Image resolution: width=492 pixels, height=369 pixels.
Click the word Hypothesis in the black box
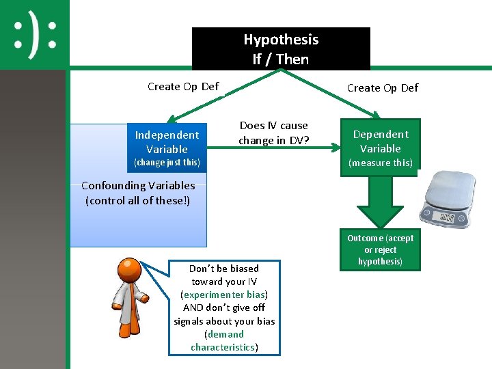(281, 40)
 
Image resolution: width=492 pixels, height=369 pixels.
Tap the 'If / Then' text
(281, 59)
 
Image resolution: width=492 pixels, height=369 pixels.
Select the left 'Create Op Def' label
(183, 86)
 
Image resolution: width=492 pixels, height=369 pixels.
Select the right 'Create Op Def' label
(383, 87)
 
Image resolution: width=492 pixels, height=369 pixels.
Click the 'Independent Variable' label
(167, 142)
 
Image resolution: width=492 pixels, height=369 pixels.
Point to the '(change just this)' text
(167, 163)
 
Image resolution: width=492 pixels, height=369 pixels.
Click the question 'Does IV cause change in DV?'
(273, 133)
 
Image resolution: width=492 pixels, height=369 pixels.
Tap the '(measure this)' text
(381, 163)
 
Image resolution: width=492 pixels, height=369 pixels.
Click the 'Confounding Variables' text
(138, 185)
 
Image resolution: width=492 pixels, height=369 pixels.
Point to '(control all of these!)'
(138, 200)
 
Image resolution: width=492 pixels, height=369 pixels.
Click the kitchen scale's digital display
(446, 218)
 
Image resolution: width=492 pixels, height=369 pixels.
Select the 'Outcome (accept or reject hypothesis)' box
(380, 249)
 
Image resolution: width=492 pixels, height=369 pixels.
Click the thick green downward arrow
(380, 202)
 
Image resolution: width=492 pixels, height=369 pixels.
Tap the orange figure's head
(128, 271)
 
